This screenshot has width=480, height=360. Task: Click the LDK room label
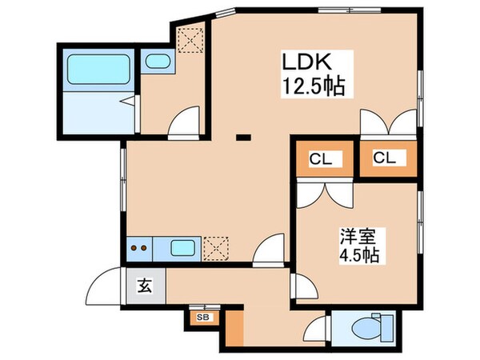tap(303, 62)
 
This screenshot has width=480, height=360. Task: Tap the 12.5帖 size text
tap(313, 86)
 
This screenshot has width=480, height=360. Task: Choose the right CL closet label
tap(385, 158)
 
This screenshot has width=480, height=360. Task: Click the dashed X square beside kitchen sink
tap(215, 248)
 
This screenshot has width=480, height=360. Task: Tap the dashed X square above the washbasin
tap(190, 38)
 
